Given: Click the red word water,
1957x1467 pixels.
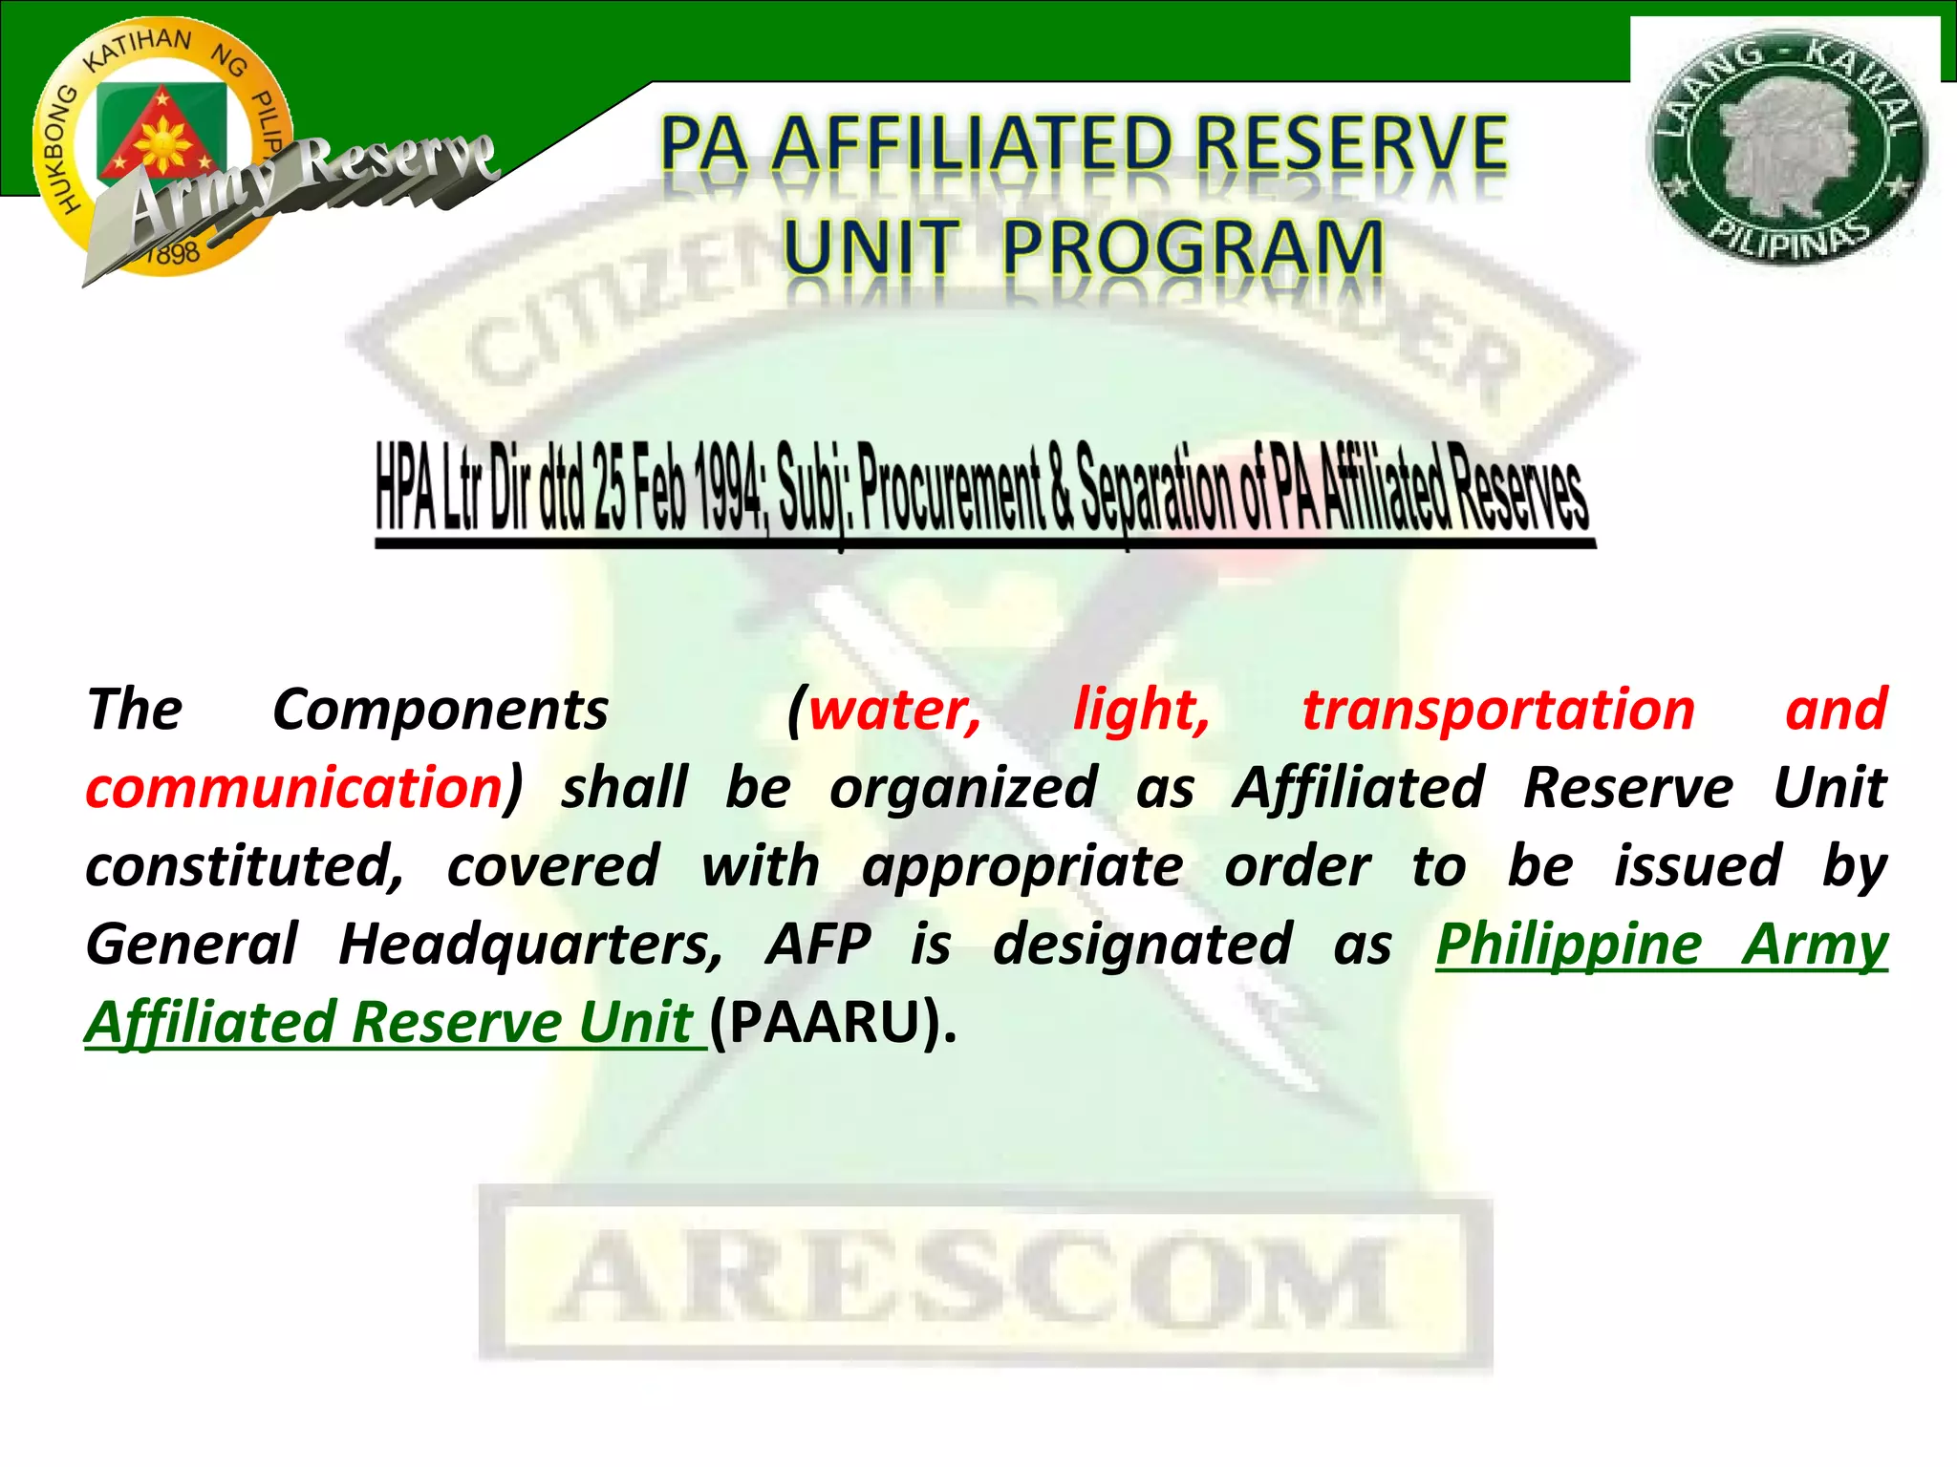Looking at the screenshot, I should point(894,711).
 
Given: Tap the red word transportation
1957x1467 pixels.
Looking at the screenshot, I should point(1498,711).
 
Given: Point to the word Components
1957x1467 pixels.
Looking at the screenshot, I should point(441,711).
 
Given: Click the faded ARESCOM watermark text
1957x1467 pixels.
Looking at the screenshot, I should point(984,1280).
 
